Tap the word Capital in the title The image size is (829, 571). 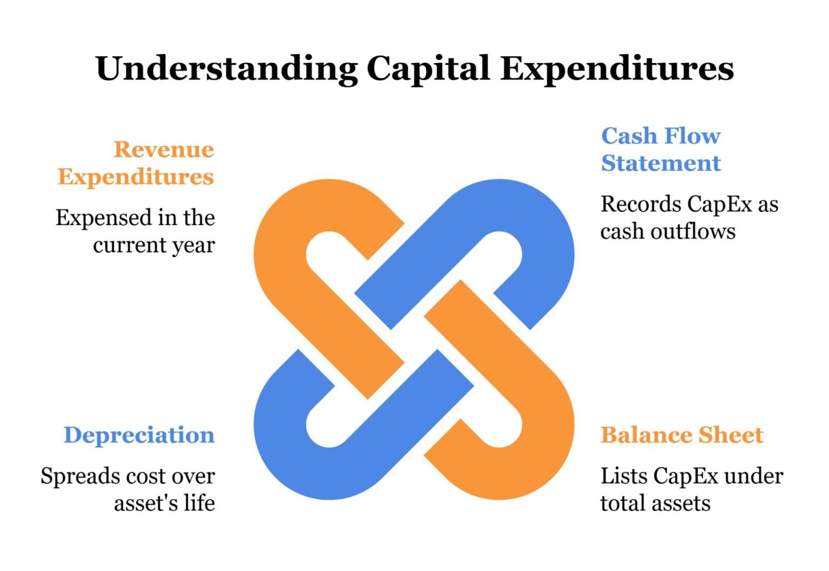coord(428,69)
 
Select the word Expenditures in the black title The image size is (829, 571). coord(617,69)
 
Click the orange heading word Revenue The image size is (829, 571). coord(164,149)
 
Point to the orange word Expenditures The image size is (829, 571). coord(136,177)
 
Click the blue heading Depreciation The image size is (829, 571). coord(139,435)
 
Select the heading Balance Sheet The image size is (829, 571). coord(682,435)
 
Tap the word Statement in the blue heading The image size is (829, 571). coord(661,163)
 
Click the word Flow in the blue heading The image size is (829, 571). coord(692,136)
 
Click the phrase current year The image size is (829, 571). coord(154,245)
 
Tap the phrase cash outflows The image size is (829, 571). coord(668,232)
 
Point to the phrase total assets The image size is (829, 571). coord(655,504)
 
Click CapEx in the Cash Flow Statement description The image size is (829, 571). coord(719,205)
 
